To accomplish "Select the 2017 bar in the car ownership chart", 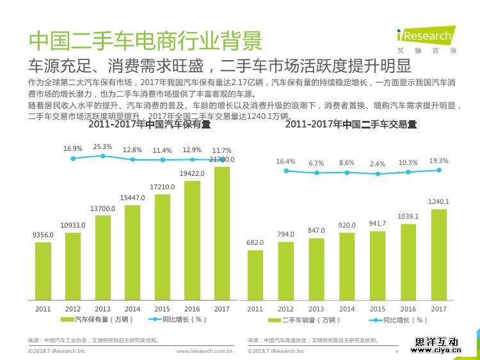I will click(x=222, y=233).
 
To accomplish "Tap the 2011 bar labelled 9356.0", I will click(x=43, y=271).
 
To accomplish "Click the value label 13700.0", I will click(x=102, y=209).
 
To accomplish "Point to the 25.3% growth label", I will click(x=102, y=147).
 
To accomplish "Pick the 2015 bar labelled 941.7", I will click(x=378, y=265).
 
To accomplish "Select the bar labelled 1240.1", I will click(x=438, y=254).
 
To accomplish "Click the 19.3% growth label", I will click(x=438, y=161).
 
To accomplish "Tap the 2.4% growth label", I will click(x=378, y=164).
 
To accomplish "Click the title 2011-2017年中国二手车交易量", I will click(x=351, y=125).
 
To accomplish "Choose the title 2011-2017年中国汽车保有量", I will click(x=149, y=125).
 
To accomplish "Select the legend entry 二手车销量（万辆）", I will click(x=306, y=320).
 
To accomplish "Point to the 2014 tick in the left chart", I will click(x=132, y=309).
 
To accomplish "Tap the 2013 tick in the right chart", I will click(x=316, y=309).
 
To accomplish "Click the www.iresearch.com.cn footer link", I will click(x=204, y=351).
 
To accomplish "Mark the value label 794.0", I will click(x=286, y=234).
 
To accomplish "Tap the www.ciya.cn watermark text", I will click(x=436, y=350).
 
